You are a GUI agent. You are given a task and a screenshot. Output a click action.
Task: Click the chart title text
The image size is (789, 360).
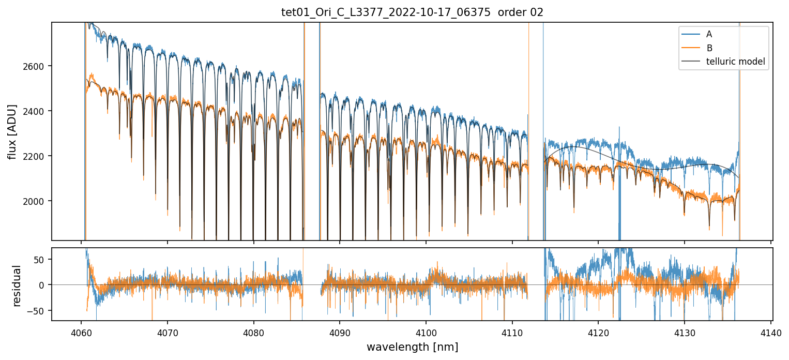412,12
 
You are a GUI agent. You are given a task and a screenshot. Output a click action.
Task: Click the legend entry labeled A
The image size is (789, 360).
709,34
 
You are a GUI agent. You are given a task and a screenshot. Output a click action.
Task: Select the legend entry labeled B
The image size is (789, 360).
709,48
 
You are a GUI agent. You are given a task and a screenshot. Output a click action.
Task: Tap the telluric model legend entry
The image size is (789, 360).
735,62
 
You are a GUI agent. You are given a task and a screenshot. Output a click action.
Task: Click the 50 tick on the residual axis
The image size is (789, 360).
40,259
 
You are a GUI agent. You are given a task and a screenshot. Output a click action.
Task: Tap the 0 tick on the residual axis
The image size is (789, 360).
43,285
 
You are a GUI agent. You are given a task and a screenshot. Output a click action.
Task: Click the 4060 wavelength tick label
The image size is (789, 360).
81,332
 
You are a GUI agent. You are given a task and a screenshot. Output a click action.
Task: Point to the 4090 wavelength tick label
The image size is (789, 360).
340,332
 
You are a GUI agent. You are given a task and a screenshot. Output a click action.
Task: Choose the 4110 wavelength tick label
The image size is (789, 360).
512,332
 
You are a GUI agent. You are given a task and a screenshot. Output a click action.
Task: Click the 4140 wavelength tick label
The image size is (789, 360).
771,332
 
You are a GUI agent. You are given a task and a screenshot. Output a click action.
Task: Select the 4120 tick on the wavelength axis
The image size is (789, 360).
598,332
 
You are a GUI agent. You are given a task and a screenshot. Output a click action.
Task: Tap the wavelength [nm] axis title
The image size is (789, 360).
412,347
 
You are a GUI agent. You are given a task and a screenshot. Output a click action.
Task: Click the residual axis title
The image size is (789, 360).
17,286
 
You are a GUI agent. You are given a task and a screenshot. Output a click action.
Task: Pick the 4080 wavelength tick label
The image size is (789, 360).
253,332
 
